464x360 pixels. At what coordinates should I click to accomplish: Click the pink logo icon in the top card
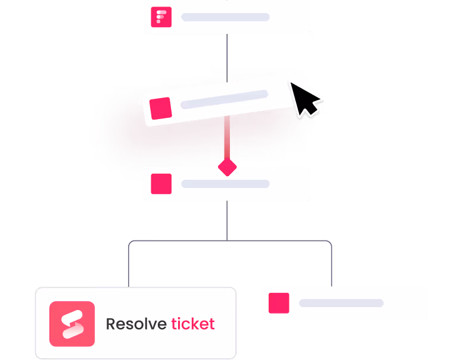pyautogui.click(x=161, y=17)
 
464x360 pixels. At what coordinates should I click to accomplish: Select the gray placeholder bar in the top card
pyautogui.click(x=225, y=17)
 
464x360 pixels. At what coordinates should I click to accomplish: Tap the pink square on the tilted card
pyautogui.click(x=161, y=108)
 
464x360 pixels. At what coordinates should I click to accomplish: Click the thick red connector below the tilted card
pyautogui.click(x=227, y=138)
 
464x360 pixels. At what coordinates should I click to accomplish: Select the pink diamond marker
pyautogui.click(x=227, y=167)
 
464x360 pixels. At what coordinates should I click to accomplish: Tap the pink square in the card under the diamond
pyautogui.click(x=161, y=184)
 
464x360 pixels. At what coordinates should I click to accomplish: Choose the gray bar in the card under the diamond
pyautogui.click(x=225, y=184)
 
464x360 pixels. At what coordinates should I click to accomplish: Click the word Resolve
pyautogui.click(x=136, y=324)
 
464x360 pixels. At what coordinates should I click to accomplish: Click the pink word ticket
pyautogui.click(x=192, y=324)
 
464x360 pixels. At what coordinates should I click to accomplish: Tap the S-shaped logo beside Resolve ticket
pyautogui.click(x=72, y=324)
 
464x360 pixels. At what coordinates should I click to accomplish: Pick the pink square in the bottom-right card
pyautogui.click(x=279, y=303)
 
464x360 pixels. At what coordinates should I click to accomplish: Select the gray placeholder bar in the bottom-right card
pyautogui.click(x=341, y=303)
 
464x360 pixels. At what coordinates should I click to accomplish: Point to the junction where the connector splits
pyautogui.click(x=227, y=240)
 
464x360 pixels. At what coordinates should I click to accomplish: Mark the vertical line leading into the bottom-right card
pyautogui.click(x=331, y=265)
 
